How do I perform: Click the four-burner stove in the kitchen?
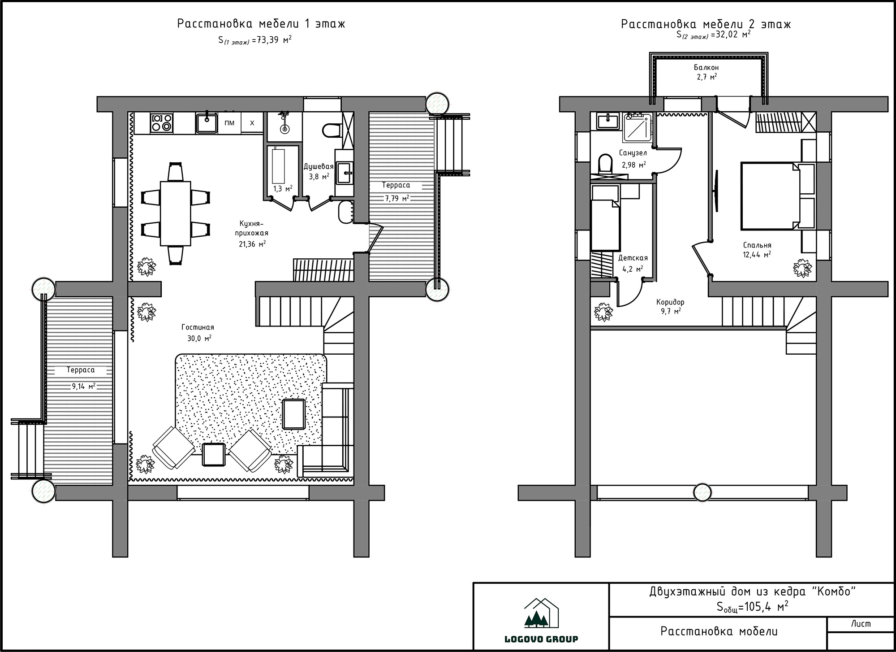pyautogui.click(x=162, y=123)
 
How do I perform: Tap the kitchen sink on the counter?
pyautogui.click(x=207, y=123)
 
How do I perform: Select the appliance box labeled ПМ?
pyautogui.click(x=229, y=123)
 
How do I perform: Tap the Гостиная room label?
pyautogui.click(x=198, y=327)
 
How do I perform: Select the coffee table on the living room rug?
pyautogui.click(x=294, y=414)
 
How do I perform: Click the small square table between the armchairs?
pyautogui.click(x=214, y=455)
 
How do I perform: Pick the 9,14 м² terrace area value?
pyautogui.click(x=83, y=386)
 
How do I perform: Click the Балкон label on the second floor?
pyautogui.click(x=706, y=67)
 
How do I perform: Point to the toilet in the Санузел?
pyautogui.click(x=605, y=163)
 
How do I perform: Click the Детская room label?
pyautogui.click(x=633, y=258)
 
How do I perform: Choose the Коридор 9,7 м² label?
pyautogui.click(x=670, y=306)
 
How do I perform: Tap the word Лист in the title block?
pyautogui.click(x=861, y=624)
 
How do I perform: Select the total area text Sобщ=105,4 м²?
pyautogui.click(x=752, y=607)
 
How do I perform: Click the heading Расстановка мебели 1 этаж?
pyautogui.click(x=261, y=24)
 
